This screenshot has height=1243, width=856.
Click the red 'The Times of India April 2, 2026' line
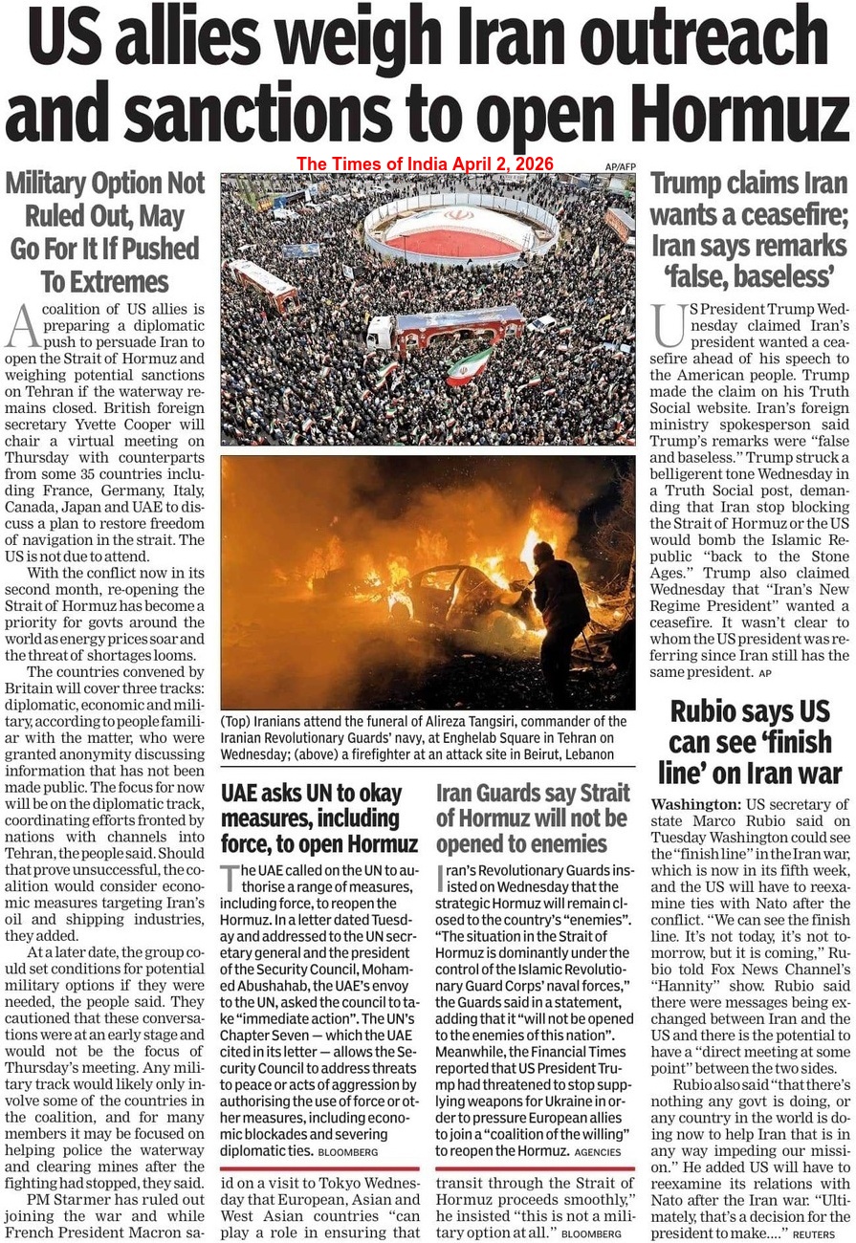pyautogui.click(x=425, y=164)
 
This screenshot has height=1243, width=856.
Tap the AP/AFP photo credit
pyautogui.click(x=620, y=166)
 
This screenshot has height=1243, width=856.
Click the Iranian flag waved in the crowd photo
pyautogui.click(x=470, y=365)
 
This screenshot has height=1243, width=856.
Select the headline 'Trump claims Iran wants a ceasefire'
pyautogui.click(x=749, y=230)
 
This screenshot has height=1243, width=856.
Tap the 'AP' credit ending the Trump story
pyautogui.click(x=764, y=674)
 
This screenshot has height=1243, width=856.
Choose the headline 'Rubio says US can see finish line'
pyautogui.click(x=749, y=742)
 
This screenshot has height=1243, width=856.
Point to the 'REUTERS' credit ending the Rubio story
pyautogui.click(x=814, y=1236)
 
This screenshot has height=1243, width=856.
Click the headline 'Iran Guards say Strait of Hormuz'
pyautogui.click(x=533, y=818)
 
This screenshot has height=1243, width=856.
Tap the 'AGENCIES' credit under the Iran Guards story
pyautogui.click(x=599, y=1152)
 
